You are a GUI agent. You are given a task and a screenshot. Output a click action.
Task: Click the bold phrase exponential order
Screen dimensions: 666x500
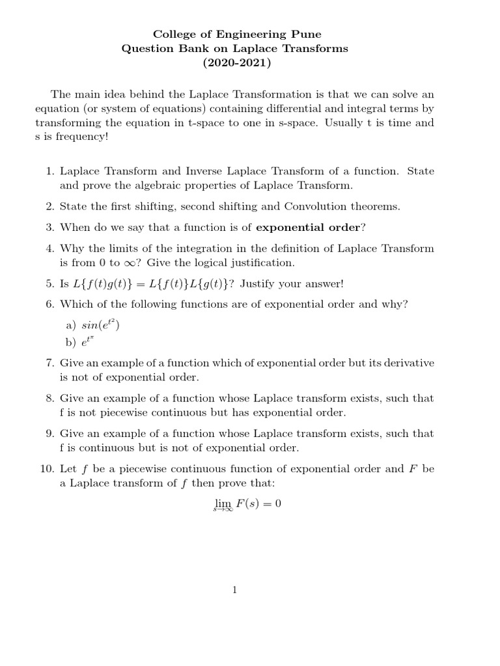point(307,228)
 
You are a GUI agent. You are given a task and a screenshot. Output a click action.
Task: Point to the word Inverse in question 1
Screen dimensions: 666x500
point(206,171)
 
